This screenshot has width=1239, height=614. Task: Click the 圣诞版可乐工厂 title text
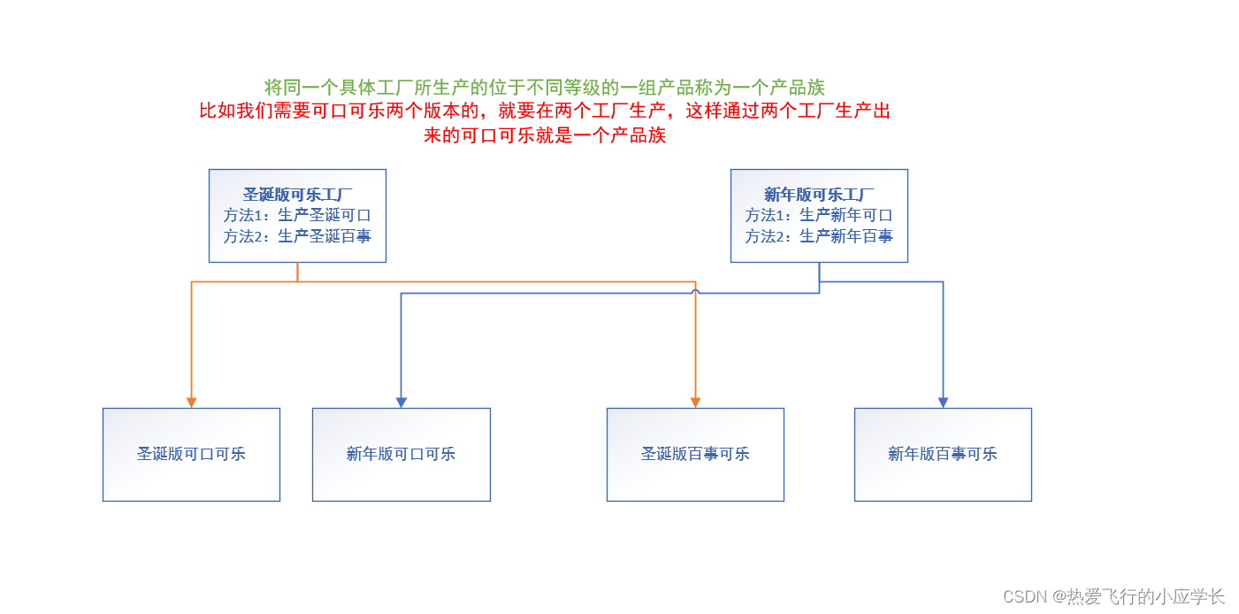pyautogui.click(x=297, y=195)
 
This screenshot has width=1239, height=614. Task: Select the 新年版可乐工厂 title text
pyautogui.click(x=819, y=195)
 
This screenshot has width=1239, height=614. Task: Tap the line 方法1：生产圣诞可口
pyautogui.click(x=297, y=215)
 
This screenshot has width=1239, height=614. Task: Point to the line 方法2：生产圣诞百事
pyautogui.click(x=297, y=236)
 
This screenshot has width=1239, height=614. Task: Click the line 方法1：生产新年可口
pyautogui.click(x=819, y=215)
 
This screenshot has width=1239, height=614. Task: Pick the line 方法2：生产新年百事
pyautogui.click(x=819, y=236)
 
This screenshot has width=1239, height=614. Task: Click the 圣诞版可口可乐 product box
pyautogui.click(x=191, y=454)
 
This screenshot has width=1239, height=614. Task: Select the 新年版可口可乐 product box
pyautogui.click(x=402, y=454)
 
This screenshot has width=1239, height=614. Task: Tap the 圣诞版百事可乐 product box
pyautogui.click(x=695, y=454)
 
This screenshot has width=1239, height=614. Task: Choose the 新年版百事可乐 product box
pyautogui.click(x=943, y=454)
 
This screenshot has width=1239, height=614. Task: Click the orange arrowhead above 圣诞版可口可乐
pyautogui.click(x=191, y=403)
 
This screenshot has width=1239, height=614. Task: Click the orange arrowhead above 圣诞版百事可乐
pyautogui.click(x=695, y=403)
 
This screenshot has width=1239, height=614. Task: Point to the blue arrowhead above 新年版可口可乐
pyautogui.click(x=402, y=403)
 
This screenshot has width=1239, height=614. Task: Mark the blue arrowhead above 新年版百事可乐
pyautogui.click(x=943, y=403)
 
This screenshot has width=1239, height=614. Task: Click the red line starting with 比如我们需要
pyautogui.click(x=544, y=111)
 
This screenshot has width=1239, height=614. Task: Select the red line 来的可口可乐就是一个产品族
pyautogui.click(x=544, y=135)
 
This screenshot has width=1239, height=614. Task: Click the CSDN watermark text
pyautogui.click(x=1113, y=596)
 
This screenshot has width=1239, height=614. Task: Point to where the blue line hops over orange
pyautogui.click(x=695, y=291)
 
